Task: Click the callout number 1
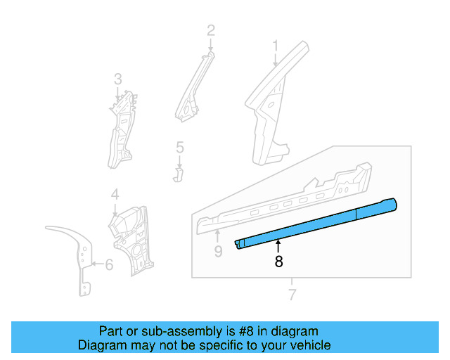(x=276, y=46)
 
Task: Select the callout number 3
(x=118, y=79)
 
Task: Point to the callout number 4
(x=115, y=194)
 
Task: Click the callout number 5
(x=179, y=148)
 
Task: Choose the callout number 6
(x=109, y=265)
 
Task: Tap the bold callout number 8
(x=278, y=262)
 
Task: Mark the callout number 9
(x=218, y=250)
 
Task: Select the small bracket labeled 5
(x=178, y=173)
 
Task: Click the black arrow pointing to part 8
(x=278, y=245)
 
